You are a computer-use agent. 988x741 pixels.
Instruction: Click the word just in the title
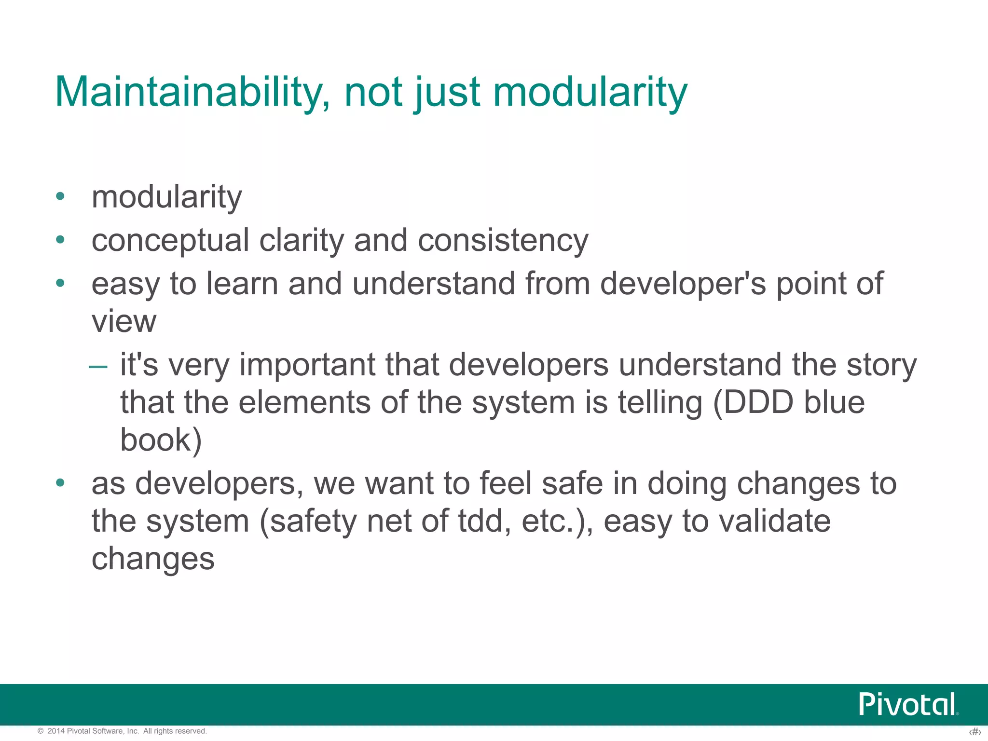pyautogui.click(x=447, y=93)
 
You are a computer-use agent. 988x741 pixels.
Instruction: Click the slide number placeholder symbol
pyautogui.click(x=975, y=732)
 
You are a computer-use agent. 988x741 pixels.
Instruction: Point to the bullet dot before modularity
pyautogui.click(x=60, y=196)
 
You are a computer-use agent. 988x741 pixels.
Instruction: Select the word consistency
pyautogui.click(x=503, y=241)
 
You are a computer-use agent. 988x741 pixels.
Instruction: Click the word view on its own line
pyautogui.click(x=124, y=322)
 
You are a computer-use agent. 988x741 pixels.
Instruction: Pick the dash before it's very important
pyautogui.click(x=98, y=366)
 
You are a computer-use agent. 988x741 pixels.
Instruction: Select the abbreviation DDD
pyautogui.click(x=758, y=402)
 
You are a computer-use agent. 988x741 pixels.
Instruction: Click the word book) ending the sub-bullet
pyautogui.click(x=161, y=440)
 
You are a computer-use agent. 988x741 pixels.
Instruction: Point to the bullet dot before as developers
pyautogui.click(x=60, y=483)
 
